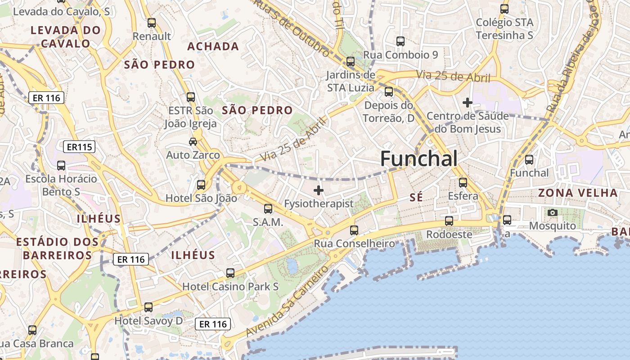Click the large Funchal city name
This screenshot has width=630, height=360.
tap(419, 159)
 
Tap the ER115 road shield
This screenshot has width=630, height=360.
tap(79, 147)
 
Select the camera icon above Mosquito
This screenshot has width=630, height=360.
tap(553, 212)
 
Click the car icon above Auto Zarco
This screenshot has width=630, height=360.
tap(193, 142)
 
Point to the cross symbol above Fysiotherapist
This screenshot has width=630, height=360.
tap(319, 190)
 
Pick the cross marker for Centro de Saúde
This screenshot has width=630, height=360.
tap(468, 103)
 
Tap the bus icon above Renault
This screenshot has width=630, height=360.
tap(152, 23)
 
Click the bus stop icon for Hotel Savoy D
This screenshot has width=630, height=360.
tap(148, 307)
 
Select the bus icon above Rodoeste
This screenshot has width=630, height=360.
tap(449, 221)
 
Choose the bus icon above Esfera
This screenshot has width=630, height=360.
tap(463, 183)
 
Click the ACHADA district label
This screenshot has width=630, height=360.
tap(213, 46)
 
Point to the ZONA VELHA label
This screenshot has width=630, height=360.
tap(578, 193)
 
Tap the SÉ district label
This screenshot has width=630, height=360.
tap(417, 197)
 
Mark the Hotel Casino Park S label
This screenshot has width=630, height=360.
tap(230, 287)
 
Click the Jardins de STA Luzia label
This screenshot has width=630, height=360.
tap(351, 81)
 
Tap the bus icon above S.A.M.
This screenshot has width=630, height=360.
tap(268, 209)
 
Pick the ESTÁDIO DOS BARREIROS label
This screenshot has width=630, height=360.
tap(57, 248)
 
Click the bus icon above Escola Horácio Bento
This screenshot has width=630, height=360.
tap(61, 166)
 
